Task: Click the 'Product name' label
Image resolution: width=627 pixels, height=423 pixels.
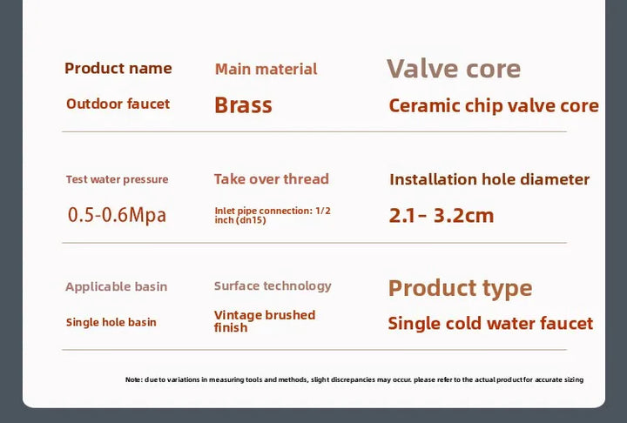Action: (x=118, y=69)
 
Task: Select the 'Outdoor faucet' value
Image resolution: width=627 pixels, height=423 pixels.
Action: (x=118, y=104)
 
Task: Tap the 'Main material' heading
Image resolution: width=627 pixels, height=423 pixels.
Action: (x=266, y=69)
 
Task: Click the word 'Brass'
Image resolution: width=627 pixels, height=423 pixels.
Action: (x=244, y=105)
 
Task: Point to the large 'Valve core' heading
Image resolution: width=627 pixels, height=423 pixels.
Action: (x=454, y=69)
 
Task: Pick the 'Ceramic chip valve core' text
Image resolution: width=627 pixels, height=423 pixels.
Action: (x=494, y=106)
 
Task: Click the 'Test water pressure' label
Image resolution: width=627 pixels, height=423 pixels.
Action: (x=118, y=179)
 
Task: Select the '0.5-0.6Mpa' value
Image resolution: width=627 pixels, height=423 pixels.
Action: (x=117, y=215)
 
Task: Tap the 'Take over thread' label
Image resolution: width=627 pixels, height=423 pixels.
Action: (x=272, y=179)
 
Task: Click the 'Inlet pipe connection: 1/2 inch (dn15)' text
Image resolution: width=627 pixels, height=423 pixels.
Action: (x=273, y=216)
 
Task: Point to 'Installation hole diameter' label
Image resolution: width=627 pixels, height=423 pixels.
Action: (x=489, y=179)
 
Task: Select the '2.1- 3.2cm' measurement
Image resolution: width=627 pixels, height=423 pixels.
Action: (x=442, y=216)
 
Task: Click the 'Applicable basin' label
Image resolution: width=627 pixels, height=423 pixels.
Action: (x=117, y=286)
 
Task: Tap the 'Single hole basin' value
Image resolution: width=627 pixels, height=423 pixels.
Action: (x=111, y=322)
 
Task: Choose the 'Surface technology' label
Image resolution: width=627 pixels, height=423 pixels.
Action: (x=273, y=285)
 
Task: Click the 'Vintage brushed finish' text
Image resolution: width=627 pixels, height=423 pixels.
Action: (x=265, y=321)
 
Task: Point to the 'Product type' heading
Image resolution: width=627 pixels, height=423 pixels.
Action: (x=461, y=288)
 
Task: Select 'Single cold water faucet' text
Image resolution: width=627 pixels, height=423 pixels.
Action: (x=490, y=324)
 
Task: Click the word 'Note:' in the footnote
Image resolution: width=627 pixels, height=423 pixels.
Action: (x=134, y=379)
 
